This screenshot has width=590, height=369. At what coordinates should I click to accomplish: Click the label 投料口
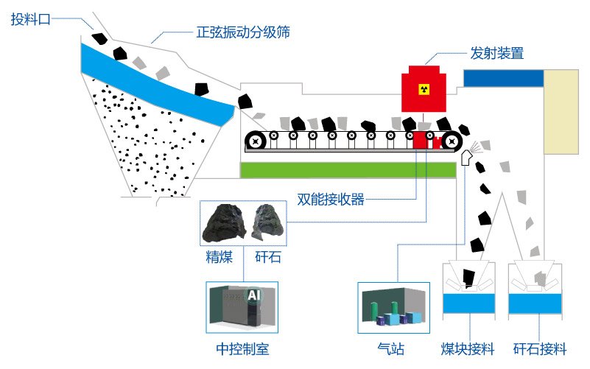click(30, 20)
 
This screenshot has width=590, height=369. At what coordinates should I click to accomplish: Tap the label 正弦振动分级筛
click(242, 33)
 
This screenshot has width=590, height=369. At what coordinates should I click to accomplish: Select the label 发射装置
click(496, 53)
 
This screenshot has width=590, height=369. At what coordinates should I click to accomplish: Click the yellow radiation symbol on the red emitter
click(423, 89)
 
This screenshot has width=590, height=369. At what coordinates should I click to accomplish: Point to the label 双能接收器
click(331, 199)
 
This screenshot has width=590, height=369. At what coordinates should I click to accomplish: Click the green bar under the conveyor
click(348, 169)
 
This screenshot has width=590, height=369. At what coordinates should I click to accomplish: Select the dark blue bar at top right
click(503, 77)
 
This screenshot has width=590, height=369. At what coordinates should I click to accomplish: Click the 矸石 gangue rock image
click(267, 223)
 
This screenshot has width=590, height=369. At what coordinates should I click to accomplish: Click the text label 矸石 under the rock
click(267, 258)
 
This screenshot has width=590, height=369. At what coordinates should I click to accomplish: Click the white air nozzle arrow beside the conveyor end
click(466, 158)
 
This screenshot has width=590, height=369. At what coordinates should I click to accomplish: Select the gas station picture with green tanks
click(393, 306)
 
